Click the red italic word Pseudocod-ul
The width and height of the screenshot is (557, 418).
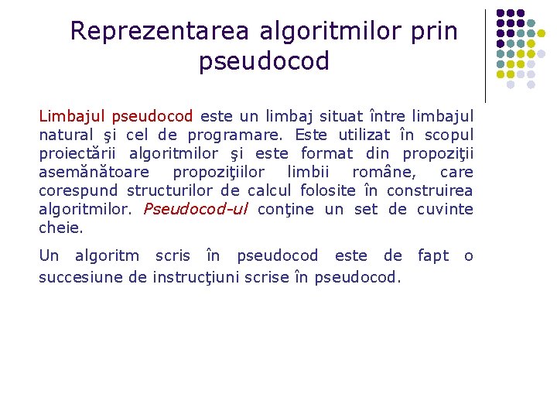coord(195,209)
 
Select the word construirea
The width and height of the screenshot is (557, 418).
coord(429,190)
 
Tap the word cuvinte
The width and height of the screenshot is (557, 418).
coord(445,209)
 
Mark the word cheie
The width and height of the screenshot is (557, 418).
coord(60,228)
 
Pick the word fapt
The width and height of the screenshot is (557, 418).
coord(433,255)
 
